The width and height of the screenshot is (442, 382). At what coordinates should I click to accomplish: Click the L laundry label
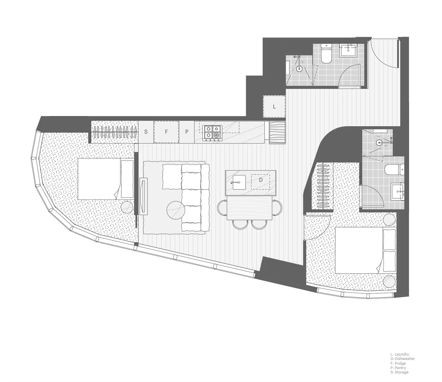coord(274,106)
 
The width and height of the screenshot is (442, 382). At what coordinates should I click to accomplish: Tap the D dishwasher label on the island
coord(261,180)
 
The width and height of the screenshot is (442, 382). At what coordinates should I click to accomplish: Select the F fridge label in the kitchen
coord(166,132)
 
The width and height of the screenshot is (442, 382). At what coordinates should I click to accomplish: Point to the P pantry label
coord(187,132)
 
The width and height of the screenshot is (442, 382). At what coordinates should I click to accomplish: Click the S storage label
coord(146,132)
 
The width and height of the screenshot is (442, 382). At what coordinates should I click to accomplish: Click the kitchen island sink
coord(239,183)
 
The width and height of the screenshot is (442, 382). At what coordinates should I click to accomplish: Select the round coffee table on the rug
coord(176,210)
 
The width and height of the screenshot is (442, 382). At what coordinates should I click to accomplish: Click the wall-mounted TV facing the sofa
coord(143,196)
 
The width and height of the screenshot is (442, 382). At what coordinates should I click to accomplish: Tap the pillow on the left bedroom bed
coord(127,179)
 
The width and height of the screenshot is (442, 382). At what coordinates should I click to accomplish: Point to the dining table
coord(250,208)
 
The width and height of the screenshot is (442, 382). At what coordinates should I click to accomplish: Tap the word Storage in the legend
coord(402,372)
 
